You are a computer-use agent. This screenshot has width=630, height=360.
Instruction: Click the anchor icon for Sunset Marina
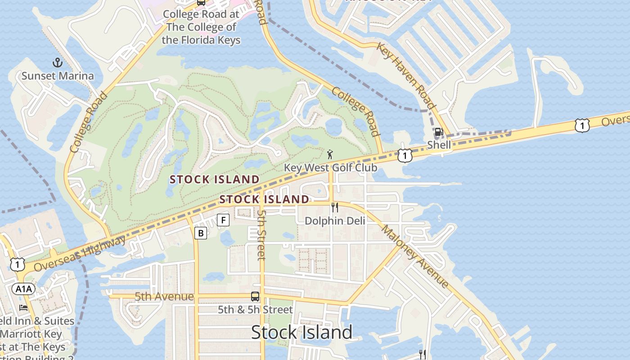click(x=57, y=62)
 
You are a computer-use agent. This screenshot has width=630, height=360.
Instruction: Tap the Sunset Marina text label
click(x=58, y=76)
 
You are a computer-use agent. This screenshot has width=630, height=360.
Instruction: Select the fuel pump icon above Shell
click(x=439, y=132)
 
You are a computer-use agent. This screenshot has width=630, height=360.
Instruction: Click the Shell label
click(x=439, y=145)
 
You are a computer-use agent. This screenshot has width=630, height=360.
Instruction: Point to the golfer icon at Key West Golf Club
click(x=330, y=154)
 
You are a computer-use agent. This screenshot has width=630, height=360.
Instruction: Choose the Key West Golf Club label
click(x=330, y=167)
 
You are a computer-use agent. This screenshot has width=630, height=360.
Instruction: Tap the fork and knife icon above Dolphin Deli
click(x=335, y=207)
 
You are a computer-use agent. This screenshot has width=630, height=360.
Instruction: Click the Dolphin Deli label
click(x=335, y=220)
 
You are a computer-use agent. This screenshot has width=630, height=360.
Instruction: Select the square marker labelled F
click(x=223, y=220)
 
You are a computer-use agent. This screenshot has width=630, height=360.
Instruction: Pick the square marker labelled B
click(x=201, y=233)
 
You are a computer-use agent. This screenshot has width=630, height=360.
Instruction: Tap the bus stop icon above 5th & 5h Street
click(x=255, y=297)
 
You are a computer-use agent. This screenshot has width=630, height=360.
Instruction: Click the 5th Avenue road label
click(x=164, y=297)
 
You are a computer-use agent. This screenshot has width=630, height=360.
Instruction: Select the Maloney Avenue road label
click(x=414, y=256)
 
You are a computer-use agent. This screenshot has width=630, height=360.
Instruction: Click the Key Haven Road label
click(x=406, y=76)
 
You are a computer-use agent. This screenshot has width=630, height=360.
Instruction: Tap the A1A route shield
click(x=22, y=288)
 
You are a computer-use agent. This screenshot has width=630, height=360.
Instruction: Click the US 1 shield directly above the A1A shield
click(x=17, y=265)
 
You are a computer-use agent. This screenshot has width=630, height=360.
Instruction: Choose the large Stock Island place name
click(x=301, y=333)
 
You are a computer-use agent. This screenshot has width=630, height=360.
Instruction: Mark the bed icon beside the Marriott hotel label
click(x=23, y=308)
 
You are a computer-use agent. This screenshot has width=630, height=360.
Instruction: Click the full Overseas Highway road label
click(x=80, y=254)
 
